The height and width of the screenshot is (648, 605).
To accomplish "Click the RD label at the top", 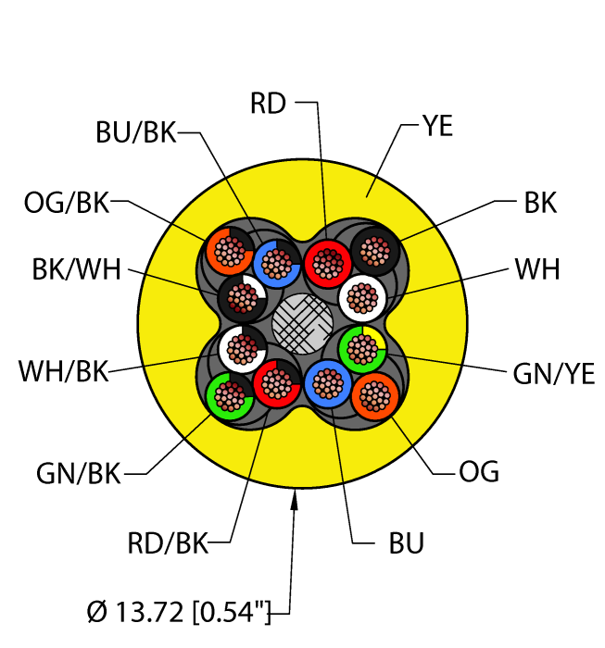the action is coord(268,104).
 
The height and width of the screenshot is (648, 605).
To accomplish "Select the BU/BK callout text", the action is coord(136,132).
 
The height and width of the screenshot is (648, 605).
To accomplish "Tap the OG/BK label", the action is coord(67,203).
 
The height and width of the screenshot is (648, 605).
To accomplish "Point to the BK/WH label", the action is coord(77,269).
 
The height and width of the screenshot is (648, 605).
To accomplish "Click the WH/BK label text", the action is coord(63,370).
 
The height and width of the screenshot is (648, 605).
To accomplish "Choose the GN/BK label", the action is coord(78,473).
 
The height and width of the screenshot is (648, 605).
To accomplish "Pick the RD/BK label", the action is coord(168,543).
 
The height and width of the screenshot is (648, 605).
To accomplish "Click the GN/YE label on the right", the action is coord(554,374).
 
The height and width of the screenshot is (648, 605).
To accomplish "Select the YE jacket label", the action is coord(437,126).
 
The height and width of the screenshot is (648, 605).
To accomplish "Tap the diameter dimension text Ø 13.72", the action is coord(135,612).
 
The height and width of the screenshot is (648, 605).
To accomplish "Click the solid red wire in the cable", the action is coord(328,264).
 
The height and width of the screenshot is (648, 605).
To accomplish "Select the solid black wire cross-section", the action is coord(375,252).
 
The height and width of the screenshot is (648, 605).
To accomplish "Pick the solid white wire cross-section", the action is coord(362,298).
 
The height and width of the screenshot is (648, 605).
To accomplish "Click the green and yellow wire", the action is coord(362,350).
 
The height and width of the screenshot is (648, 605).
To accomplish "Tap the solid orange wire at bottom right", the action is coord(375,396).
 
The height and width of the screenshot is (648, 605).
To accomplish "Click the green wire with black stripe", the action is coord(230,396).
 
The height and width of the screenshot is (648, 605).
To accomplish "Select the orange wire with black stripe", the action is coord(230,252).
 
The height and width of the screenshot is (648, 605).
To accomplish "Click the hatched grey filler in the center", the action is coord(303,324).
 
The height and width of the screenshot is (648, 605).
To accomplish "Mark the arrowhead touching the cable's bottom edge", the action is coord(295,499).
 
